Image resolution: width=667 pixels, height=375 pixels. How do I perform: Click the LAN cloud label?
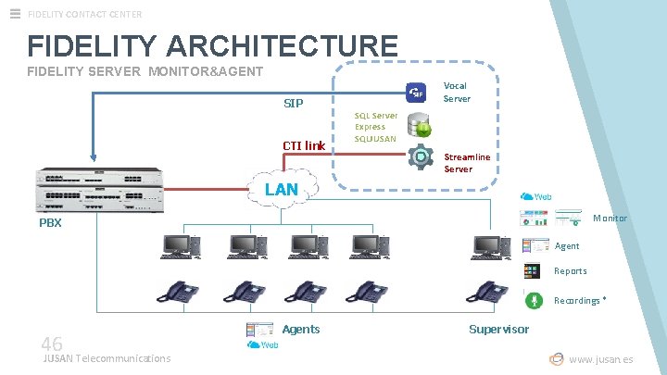point(282,190)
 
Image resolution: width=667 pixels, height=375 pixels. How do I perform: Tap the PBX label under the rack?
point(50,223)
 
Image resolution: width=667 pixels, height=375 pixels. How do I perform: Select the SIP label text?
point(294,103)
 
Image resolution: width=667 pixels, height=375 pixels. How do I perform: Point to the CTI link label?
point(304,145)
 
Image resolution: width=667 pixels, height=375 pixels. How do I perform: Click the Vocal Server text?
point(456,92)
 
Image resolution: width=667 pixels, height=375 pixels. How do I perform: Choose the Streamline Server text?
point(467,163)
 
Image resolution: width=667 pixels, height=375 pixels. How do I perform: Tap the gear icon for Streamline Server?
point(422,156)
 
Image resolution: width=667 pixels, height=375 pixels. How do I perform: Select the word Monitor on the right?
point(610,219)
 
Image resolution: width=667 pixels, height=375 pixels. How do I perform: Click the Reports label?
point(570,271)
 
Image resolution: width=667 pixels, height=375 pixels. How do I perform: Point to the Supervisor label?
point(498,330)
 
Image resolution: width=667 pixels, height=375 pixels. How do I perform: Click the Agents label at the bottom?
point(301,330)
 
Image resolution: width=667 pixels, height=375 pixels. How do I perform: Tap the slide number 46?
point(52,344)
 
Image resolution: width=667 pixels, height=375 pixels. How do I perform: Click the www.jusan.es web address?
point(600,359)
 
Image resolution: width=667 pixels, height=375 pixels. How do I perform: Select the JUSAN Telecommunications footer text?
point(107,358)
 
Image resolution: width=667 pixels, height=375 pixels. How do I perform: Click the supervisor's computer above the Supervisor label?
point(490,246)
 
